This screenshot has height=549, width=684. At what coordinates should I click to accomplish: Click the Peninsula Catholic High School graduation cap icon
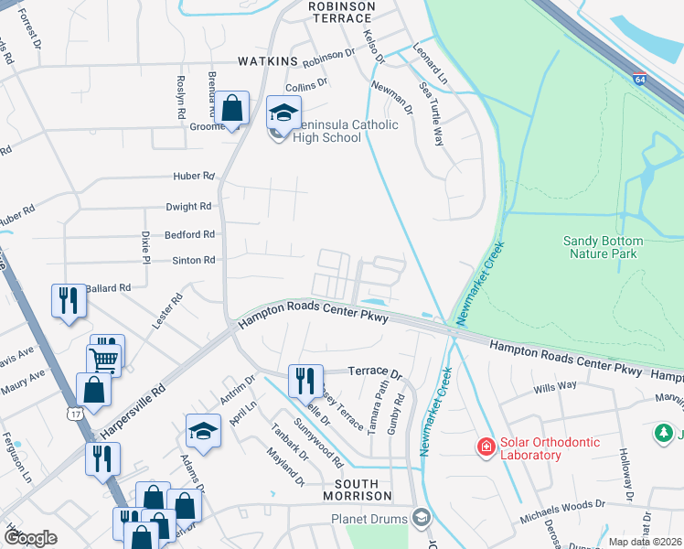pyautogui.click(x=283, y=113)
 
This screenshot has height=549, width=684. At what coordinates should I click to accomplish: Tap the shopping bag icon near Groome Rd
pyautogui.click(x=232, y=106)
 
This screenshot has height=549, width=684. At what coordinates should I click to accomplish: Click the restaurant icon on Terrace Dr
pyautogui.click(x=305, y=378)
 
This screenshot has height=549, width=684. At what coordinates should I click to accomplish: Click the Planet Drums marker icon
pyautogui.click(x=420, y=518)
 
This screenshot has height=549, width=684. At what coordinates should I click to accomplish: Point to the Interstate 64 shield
pyautogui.click(x=640, y=80)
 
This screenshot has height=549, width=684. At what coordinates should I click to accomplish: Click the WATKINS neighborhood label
pyautogui.click(x=269, y=61)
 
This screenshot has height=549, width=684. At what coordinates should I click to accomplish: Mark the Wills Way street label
pyautogui.click(x=556, y=386)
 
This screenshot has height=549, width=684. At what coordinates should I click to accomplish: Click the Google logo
pyautogui.click(x=31, y=538)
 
